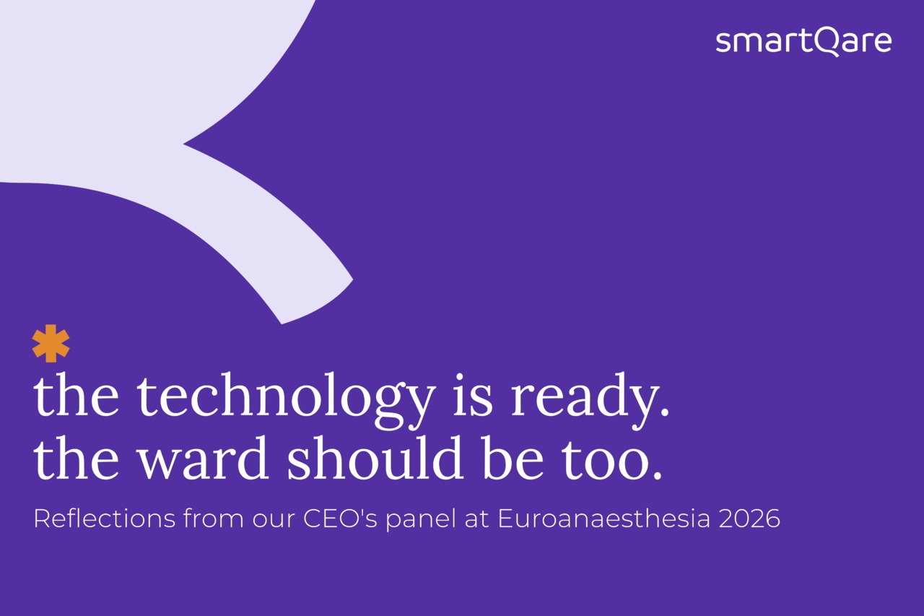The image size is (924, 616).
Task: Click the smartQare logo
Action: point(803,42)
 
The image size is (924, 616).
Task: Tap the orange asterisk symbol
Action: point(51,343)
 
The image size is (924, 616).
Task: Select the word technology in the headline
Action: point(286,400)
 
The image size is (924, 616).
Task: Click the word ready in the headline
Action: point(590,400)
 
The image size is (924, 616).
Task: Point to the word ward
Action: point(203,458)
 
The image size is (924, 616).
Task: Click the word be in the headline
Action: point(513,458)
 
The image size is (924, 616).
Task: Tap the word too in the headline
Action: point(611,460)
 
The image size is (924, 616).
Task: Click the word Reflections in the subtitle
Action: point(105,519)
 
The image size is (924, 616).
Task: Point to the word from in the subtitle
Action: point(213,519)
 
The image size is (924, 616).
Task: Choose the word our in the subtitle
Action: point(274,521)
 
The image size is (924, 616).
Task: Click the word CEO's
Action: point(340,519)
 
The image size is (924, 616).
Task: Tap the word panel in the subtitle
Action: point(421,520)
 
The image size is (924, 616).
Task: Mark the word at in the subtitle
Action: point(477,519)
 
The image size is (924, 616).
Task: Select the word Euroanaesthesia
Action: point(604,519)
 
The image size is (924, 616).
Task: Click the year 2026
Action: point(749,519)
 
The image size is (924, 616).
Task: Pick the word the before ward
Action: point(76,458)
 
